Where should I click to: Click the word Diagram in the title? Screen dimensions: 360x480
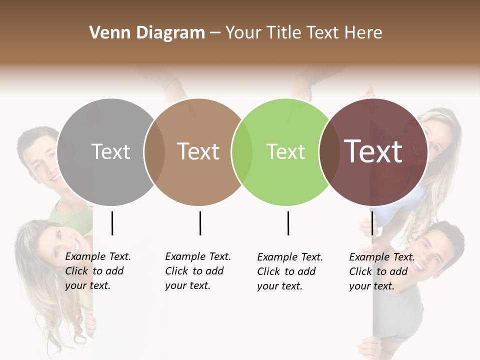point(170,33)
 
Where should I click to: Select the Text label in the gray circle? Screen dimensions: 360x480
point(111,151)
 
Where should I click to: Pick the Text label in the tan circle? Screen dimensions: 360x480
point(198,151)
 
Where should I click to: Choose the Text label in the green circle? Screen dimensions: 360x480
point(285,151)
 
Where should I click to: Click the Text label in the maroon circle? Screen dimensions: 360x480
point(373,151)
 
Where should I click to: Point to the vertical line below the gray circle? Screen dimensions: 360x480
point(112,223)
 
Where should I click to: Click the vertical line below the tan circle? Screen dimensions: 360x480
point(200,223)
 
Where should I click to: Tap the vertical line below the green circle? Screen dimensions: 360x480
point(288,223)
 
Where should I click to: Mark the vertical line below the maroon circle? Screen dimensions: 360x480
point(372,223)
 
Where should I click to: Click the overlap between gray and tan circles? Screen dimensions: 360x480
point(154,152)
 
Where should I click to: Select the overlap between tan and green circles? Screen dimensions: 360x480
point(242,152)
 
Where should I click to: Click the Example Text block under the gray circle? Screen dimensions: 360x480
point(97,271)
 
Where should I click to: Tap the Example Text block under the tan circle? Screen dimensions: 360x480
point(197,271)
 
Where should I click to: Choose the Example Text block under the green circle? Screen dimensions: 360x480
point(289,271)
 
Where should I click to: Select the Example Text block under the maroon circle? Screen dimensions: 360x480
point(381,271)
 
